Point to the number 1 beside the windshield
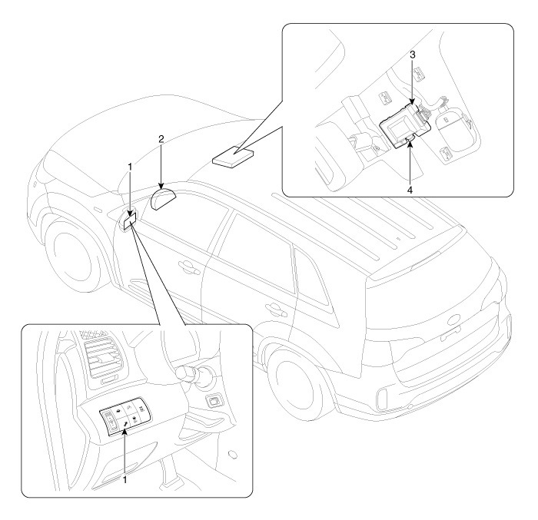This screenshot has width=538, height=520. coord(131,166)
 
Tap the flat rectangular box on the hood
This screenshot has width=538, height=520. coord(233,157)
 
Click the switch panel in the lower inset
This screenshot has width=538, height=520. coord(122,418)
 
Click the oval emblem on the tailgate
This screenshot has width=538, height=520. coord(448,336)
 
